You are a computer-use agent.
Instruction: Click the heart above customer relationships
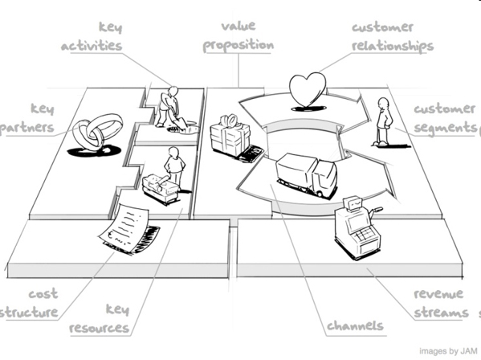pyautogui.click(x=308, y=89)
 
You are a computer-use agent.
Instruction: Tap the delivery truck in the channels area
pyautogui.click(x=307, y=174)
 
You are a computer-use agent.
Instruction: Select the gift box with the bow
pyautogui.click(x=230, y=136)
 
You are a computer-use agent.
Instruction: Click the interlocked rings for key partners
pyautogui.click(x=97, y=131)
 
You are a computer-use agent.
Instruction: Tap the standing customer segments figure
pyautogui.click(x=384, y=121)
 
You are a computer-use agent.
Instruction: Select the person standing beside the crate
pyautogui.click(x=174, y=168)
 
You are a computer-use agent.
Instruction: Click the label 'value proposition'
pyautogui.click(x=238, y=36)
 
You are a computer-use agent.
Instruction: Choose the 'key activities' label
pyautogui.click(x=92, y=36)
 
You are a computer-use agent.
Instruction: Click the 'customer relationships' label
pyautogui.click(x=393, y=38)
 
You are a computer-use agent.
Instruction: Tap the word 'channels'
pyautogui.click(x=355, y=325)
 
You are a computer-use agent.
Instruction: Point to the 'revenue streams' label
pyautogui.click(x=441, y=304)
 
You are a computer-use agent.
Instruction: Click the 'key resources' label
pyautogui.click(x=99, y=319)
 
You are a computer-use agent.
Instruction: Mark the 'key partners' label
pyautogui.click(x=27, y=118)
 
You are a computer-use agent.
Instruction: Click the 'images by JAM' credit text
pyautogui.click(x=448, y=351)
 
